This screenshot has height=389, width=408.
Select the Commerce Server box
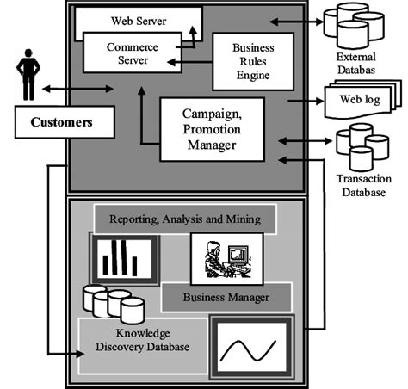pyautogui.click(x=132, y=52)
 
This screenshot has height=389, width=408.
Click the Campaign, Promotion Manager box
pyautogui.click(x=210, y=128)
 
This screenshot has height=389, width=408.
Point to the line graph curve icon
pyautogui.click(x=250, y=347)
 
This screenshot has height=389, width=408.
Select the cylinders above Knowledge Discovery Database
pyautogui.click(x=110, y=303)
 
